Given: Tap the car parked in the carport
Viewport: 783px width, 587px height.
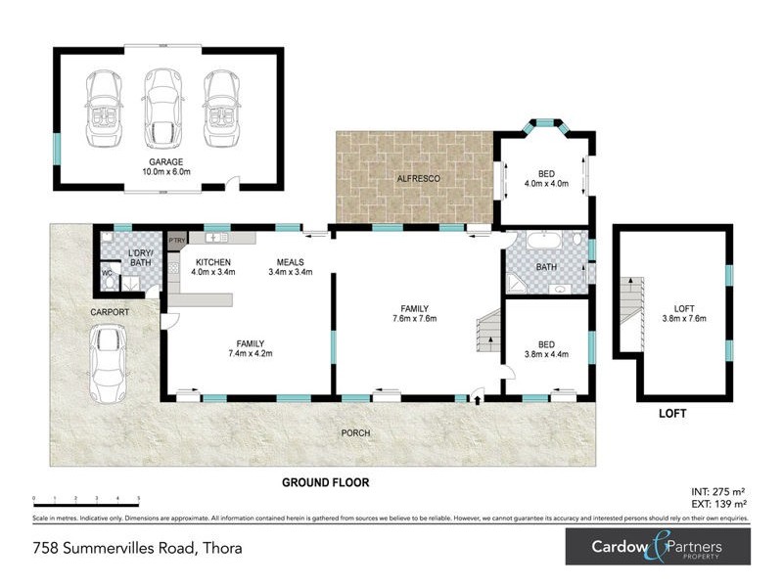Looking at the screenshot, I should [x=110, y=357].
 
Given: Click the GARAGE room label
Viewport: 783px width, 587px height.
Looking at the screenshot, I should [x=166, y=161].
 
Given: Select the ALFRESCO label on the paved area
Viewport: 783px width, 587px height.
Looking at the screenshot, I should [x=417, y=179].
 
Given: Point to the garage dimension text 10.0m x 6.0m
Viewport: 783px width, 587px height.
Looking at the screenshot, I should [x=166, y=173].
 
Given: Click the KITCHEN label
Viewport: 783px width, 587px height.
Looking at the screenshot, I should [x=212, y=262].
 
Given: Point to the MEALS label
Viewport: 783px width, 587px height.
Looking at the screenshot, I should [x=290, y=262].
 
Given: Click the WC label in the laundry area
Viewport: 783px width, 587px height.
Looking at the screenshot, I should [x=108, y=273].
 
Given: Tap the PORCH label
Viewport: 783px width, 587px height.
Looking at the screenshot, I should [x=353, y=432].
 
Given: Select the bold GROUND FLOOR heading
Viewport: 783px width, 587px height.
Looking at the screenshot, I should [x=325, y=482].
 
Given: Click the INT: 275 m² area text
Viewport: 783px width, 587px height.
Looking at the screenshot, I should [x=717, y=492].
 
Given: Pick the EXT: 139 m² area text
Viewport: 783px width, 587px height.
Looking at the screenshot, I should [x=717, y=503].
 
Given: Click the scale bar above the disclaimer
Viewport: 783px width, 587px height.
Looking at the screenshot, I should [x=85, y=500].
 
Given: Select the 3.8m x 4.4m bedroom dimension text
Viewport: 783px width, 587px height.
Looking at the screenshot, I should [x=546, y=355].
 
